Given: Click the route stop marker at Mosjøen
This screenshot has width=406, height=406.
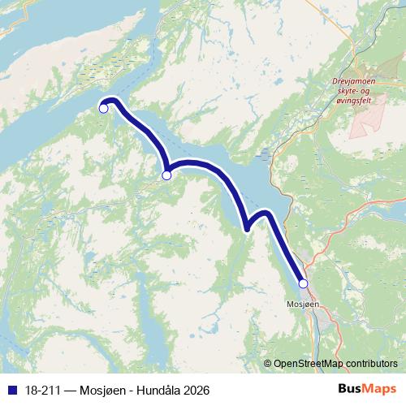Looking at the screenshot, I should click(x=303, y=283).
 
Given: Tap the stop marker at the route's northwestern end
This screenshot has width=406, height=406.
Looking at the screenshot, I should click(x=103, y=109).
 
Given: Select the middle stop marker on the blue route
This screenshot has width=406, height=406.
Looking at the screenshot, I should click(x=166, y=175).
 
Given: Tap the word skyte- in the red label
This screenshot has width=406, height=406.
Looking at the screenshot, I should click(x=348, y=93).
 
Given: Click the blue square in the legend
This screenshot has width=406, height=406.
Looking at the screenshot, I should click(x=11, y=390).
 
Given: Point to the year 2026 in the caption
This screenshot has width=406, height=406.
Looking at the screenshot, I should click(x=195, y=390).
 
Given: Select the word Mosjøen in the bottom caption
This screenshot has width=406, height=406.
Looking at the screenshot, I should click(x=102, y=390).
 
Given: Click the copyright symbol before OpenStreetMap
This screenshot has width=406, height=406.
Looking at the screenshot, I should click(x=268, y=365).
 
